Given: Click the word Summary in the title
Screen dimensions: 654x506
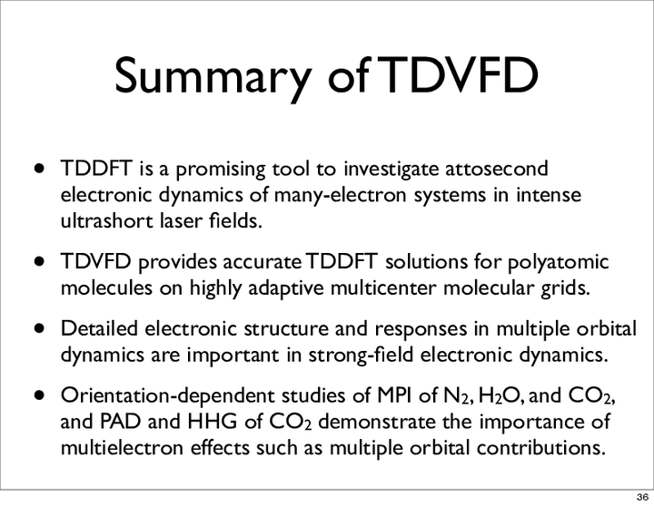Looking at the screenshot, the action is coord(213,76).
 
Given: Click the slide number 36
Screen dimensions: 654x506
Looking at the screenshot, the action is coord(642,497).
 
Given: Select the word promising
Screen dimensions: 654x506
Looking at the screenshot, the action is coord(222,170).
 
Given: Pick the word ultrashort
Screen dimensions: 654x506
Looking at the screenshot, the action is coord(107,220).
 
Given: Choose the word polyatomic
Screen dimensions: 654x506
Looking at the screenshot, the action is coord(558,263).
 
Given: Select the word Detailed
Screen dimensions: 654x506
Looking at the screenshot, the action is coord(99,328).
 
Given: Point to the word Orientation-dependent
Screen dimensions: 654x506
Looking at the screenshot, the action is coord(168,396).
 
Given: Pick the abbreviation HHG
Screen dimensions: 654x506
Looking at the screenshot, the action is coord(213,422).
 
